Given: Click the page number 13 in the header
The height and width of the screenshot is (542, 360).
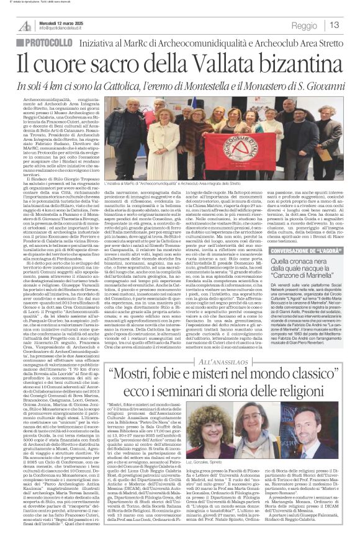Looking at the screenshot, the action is click(x=334, y=25).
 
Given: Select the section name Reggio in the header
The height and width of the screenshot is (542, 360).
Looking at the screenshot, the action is click(x=304, y=25).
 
